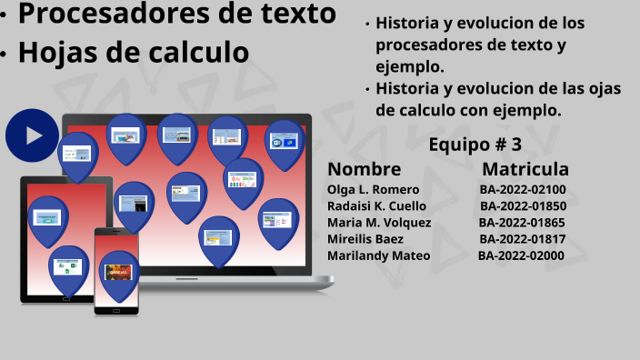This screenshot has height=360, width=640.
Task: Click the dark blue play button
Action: pos(32,135)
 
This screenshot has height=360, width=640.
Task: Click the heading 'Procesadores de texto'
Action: pos(177,15)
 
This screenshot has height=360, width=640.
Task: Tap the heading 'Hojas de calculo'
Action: pos(134,53)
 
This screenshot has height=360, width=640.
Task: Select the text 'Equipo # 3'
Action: pos(475,145)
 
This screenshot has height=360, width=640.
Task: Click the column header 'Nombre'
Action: pos(364,169)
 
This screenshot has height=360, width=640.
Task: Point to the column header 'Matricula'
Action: pos(525,169)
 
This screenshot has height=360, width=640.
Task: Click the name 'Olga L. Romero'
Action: pos(373,190)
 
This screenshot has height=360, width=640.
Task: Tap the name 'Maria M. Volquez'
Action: pos(379,223)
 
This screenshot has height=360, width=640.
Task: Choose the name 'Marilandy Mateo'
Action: pos(378,255)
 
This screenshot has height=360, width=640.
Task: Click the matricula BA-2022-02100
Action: pos(523,190)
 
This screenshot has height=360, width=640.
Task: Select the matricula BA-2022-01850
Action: pos(523,206)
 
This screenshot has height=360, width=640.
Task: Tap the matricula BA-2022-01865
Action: pos(522,223)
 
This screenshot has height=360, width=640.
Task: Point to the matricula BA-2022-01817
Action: pos(523,239)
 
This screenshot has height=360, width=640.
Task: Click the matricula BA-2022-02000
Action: pos(521,255)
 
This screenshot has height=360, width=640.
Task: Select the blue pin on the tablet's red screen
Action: pos(47,220)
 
